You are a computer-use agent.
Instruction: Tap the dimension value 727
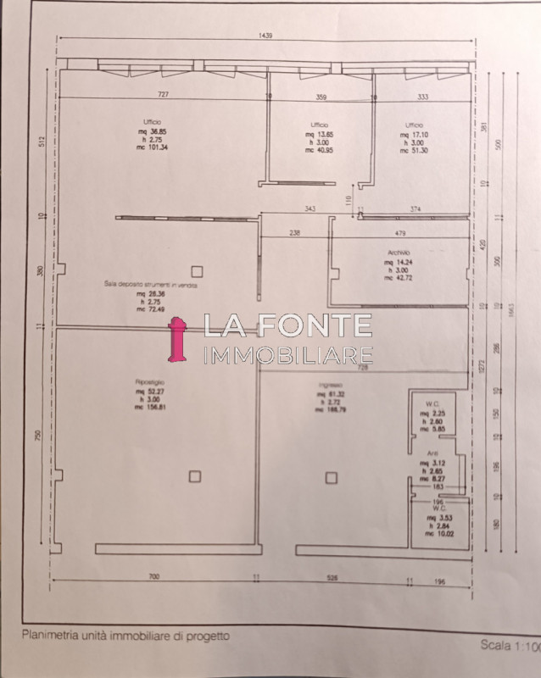(x=164, y=96)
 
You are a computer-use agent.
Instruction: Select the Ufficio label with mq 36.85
(x=153, y=123)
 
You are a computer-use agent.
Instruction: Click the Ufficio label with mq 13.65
(x=317, y=125)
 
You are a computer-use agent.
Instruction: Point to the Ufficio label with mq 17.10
(x=414, y=125)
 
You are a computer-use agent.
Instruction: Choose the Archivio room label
(x=398, y=253)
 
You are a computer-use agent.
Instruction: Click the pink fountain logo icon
(x=177, y=339)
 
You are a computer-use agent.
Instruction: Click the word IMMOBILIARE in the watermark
(x=288, y=354)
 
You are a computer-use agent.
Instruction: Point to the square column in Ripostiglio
(x=194, y=476)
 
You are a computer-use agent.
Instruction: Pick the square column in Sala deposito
(x=197, y=270)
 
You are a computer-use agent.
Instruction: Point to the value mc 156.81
(x=150, y=406)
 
